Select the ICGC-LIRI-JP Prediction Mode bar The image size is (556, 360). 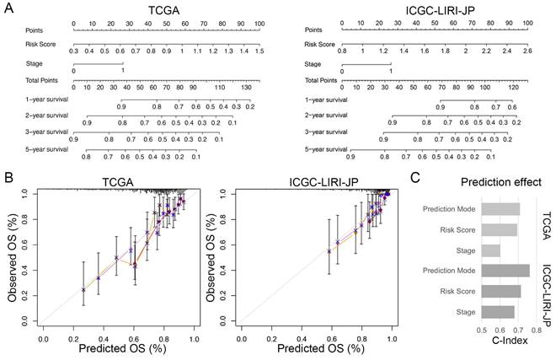(x=505, y=271)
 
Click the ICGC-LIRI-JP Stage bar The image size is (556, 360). (x=498, y=312)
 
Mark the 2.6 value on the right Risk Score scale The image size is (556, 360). (x=527, y=51)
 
